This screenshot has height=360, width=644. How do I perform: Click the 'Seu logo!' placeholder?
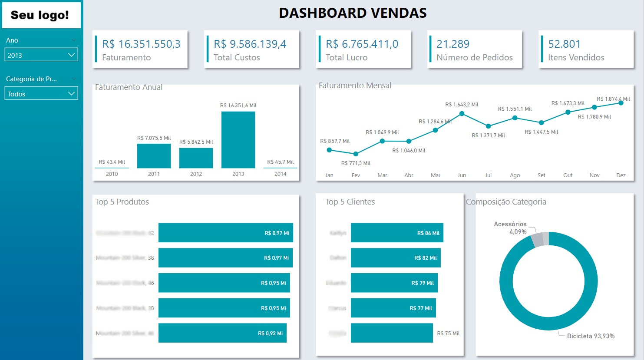coord(40,15)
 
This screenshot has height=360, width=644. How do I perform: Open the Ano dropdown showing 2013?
coord(41,55)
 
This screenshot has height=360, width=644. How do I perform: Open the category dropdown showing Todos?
coord(41,94)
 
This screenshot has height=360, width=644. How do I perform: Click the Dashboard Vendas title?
coord(353,13)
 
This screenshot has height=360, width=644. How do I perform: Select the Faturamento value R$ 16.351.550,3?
coord(141,44)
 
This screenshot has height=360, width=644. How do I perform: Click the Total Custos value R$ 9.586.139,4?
coord(250,44)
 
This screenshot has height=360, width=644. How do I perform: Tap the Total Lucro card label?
coord(347,57)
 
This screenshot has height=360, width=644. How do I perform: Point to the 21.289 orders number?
coord(453,44)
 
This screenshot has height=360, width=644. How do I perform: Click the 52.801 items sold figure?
coord(564,44)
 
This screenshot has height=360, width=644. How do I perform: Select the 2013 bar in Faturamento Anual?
coord(238,140)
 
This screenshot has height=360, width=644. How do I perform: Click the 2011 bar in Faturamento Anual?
coord(154,156)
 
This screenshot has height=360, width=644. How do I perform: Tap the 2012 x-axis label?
coord(196,174)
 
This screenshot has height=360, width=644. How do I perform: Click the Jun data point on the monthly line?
coord(462,114)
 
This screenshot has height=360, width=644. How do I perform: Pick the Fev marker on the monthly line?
coord(356,154)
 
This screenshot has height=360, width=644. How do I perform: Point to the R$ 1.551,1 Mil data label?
coord(515,109)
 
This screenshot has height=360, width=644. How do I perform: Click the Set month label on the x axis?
coord(541,175)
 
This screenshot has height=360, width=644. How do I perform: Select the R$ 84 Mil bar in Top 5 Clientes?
coord(396,233)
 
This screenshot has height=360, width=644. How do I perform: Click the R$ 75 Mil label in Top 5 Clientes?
coord(448,334)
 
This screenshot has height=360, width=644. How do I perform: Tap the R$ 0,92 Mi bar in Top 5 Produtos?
coord(222,333)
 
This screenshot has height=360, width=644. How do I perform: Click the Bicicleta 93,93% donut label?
coord(591,336)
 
